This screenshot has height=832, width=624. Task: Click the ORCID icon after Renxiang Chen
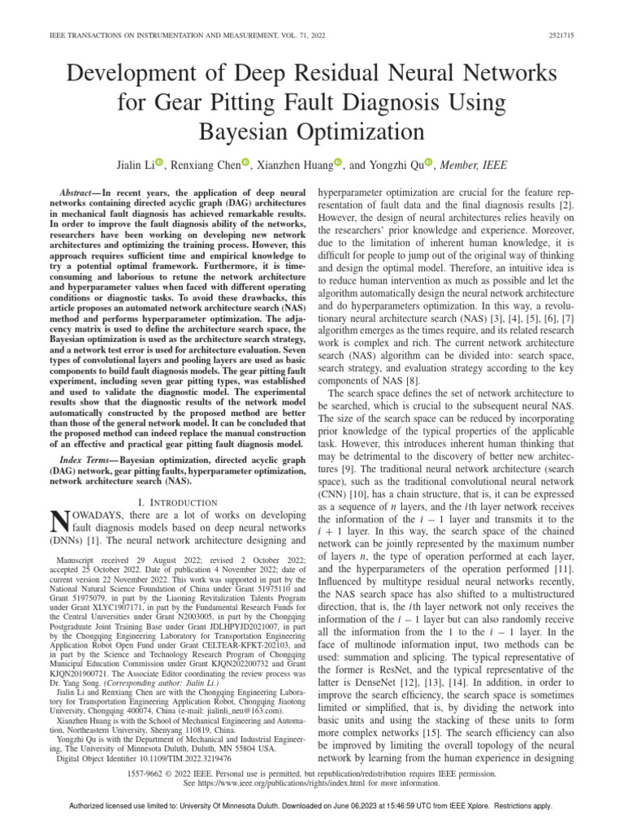(x=246, y=164)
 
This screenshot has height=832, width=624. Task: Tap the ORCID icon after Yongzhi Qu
(x=430, y=164)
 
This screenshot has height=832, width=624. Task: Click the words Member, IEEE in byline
(x=474, y=165)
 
